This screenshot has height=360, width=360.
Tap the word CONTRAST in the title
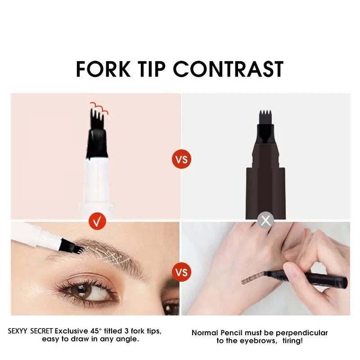(228, 69)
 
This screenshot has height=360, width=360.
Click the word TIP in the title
(151, 69)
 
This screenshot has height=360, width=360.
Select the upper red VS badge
(181, 159)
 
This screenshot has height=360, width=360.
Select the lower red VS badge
(181, 272)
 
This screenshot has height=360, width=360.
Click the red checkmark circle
(97, 221)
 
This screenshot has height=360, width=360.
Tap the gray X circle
(265, 220)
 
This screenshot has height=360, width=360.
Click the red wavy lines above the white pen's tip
(99, 108)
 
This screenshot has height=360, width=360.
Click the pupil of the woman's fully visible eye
(81, 289)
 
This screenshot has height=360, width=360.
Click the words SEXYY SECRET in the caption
(30, 331)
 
